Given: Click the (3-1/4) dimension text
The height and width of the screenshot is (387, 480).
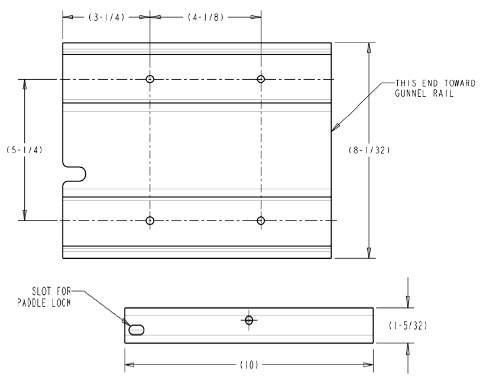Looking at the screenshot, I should (106, 17).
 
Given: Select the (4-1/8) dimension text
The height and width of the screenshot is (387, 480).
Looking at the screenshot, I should (206, 17).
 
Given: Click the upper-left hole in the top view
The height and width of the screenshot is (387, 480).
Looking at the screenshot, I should (150, 79).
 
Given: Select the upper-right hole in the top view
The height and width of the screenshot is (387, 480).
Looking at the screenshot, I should (261, 79).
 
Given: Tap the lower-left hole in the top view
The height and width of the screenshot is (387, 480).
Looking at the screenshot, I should (150, 220).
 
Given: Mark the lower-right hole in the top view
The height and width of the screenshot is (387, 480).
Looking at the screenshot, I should (261, 220).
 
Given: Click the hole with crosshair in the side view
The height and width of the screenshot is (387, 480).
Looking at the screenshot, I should (249, 320).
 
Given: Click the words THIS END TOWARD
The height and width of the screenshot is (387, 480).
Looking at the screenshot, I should (434, 83).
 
